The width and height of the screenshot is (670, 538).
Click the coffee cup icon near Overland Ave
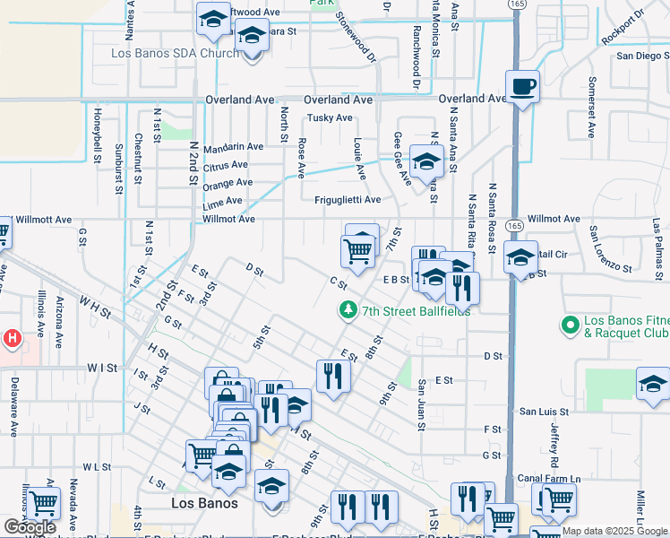pyautogui.click(x=522, y=87)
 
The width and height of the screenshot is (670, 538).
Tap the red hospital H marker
pyautogui.click(x=12, y=338)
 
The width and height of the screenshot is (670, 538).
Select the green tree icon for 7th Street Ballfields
pyautogui.click(x=348, y=310)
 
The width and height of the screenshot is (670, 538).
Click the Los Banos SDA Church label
pyautogui.click(x=174, y=53)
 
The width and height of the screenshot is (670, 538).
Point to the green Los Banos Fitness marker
pyautogui.click(x=568, y=324)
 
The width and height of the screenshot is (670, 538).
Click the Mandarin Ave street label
pyautogui.click(x=233, y=146)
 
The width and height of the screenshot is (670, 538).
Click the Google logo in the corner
pyautogui.click(x=30, y=527)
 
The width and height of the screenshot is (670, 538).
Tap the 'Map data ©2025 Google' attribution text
pyautogui.click(x=614, y=532)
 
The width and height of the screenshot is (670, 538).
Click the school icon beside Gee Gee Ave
pyautogui.click(x=427, y=161)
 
